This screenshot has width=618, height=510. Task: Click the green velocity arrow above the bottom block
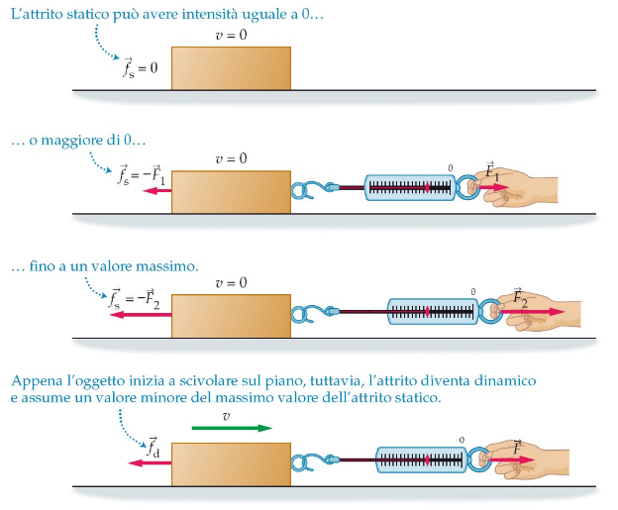pos(232,429)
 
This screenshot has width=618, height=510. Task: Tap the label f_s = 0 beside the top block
pos(134,68)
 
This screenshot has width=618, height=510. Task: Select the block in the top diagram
pos(231,68)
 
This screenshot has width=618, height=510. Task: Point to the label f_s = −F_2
pos(134,301)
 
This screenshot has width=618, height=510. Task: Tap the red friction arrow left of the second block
pos(155,194)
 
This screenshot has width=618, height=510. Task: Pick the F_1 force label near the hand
pos(492,170)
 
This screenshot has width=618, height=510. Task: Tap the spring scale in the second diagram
pos(412,186)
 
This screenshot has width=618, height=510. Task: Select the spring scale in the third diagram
pos(433,311)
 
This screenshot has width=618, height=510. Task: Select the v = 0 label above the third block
pos(231,282)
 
